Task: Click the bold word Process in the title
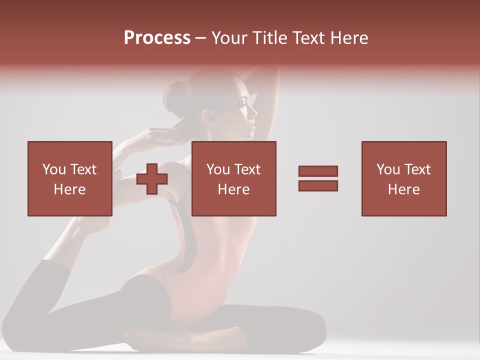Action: pyautogui.click(x=157, y=38)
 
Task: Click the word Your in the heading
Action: pyautogui.click(x=229, y=38)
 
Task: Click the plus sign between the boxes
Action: pyautogui.click(x=152, y=179)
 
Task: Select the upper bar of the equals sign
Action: pyautogui.click(x=318, y=171)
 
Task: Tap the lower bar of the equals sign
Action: pyautogui.click(x=318, y=186)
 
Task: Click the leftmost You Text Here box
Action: pyautogui.click(x=69, y=178)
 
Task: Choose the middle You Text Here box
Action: pyautogui.click(x=233, y=178)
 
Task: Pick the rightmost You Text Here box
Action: pyautogui.click(x=403, y=178)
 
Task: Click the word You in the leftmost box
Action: pyautogui.click(x=54, y=169)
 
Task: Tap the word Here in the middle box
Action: pyautogui.click(x=233, y=189)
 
